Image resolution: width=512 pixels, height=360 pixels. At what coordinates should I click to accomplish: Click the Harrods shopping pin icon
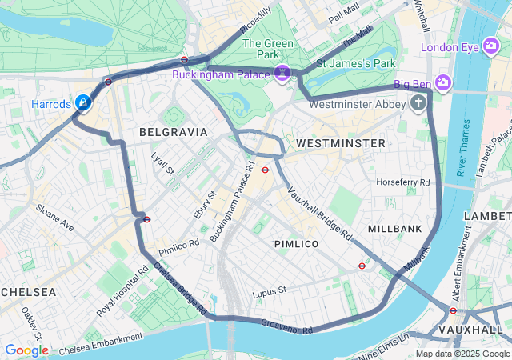[82, 102]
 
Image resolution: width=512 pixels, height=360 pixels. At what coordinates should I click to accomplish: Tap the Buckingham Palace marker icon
[282, 74]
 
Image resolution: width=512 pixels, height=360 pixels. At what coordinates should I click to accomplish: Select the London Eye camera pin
[490, 46]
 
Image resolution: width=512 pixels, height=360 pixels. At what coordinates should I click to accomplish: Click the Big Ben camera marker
[443, 82]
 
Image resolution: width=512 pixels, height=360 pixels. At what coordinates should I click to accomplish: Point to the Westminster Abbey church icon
[418, 102]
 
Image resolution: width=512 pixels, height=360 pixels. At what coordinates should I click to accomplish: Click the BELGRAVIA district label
[173, 131]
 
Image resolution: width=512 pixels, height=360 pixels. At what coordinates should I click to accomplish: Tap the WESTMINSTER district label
[340, 142]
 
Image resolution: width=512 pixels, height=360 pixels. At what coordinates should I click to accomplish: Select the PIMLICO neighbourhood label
[297, 243]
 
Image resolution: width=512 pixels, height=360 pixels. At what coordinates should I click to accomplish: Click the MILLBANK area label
[394, 229]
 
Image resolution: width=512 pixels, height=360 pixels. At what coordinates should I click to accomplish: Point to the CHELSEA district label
[28, 291]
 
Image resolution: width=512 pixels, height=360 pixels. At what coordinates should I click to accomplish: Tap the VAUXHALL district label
[471, 330]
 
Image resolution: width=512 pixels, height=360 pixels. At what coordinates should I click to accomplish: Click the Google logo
[26, 350]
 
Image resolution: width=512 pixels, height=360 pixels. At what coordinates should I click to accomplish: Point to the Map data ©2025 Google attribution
[462, 354]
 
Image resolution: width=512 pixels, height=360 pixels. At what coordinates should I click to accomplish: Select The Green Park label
[261, 49]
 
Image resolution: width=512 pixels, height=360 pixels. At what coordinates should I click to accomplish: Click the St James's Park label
[356, 62]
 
